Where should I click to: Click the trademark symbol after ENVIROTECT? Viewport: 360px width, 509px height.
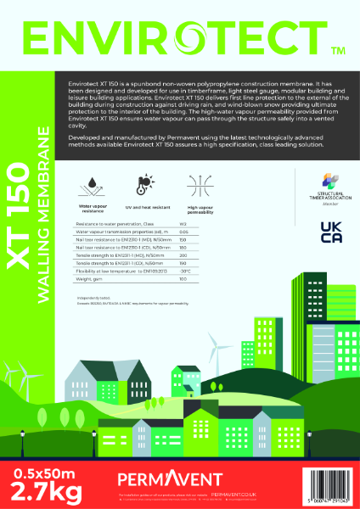pos(337,51)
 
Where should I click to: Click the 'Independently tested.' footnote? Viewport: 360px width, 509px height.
pos(91,296)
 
